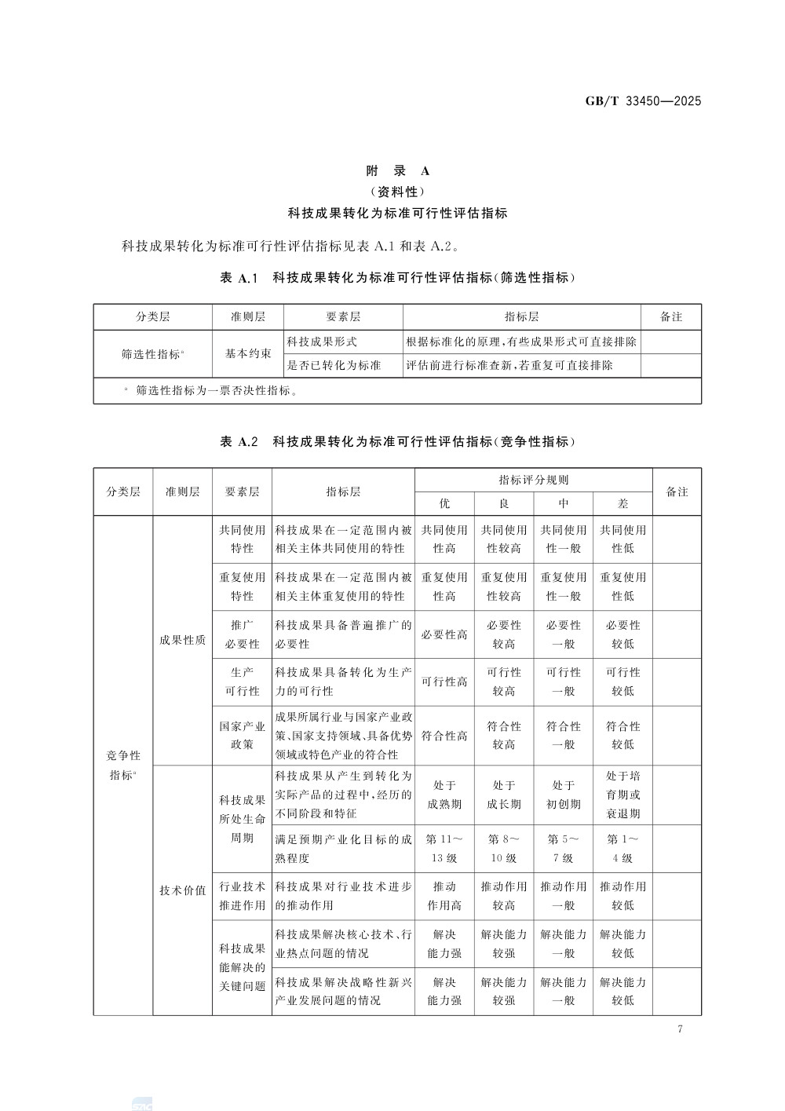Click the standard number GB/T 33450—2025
click(x=643, y=101)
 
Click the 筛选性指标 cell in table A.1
click(x=152, y=354)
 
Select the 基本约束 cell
click(x=248, y=354)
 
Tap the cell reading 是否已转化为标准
click(x=334, y=365)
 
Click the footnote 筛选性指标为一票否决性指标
click(x=216, y=389)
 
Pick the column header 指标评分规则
click(x=533, y=480)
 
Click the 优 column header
click(x=444, y=503)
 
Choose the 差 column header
click(x=623, y=503)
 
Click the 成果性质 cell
click(x=182, y=640)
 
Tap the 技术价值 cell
click(x=182, y=890)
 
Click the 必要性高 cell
click(x=444, y=634)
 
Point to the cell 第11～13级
click(x=444, y=848)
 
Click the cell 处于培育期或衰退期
click(x=623, y=794)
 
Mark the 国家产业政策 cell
click(x=242, y=735)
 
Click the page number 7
click(x=680, y=1029)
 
